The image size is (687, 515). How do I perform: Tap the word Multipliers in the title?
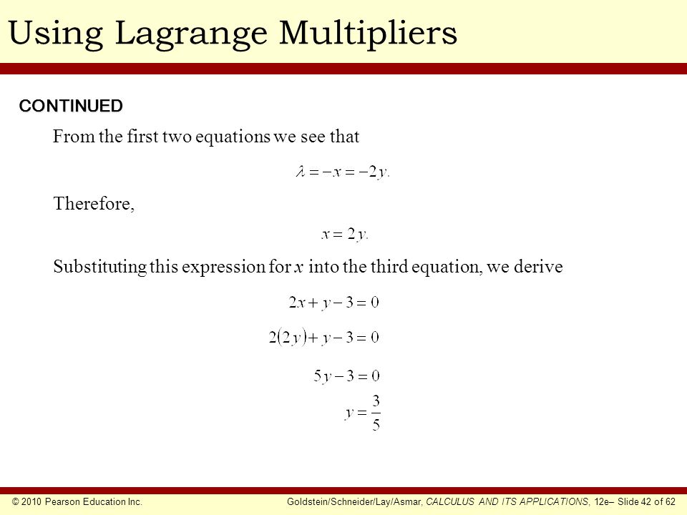point(368,34)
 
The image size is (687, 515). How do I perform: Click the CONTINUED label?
point(71,106)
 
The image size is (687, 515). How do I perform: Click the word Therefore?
point(94,204)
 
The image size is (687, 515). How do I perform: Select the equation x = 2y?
point(345,235)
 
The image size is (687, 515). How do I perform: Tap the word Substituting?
point(100,267)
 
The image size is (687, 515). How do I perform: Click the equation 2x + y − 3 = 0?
point(333,302)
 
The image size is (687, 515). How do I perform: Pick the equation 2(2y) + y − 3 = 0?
point(323,337)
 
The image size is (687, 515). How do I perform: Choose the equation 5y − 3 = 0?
point(346,376)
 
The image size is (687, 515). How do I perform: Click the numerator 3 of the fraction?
point(376,401)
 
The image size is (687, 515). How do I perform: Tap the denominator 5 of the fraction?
point(376,424)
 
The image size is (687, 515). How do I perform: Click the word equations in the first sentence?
point(233,137)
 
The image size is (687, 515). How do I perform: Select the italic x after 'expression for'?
point(299,268)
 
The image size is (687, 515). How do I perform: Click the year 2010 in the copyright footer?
point(31,502)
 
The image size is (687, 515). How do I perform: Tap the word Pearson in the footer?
point(62,502)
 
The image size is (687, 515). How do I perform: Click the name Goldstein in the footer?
point(306,502)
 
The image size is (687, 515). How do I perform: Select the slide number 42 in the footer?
point(645,502)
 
